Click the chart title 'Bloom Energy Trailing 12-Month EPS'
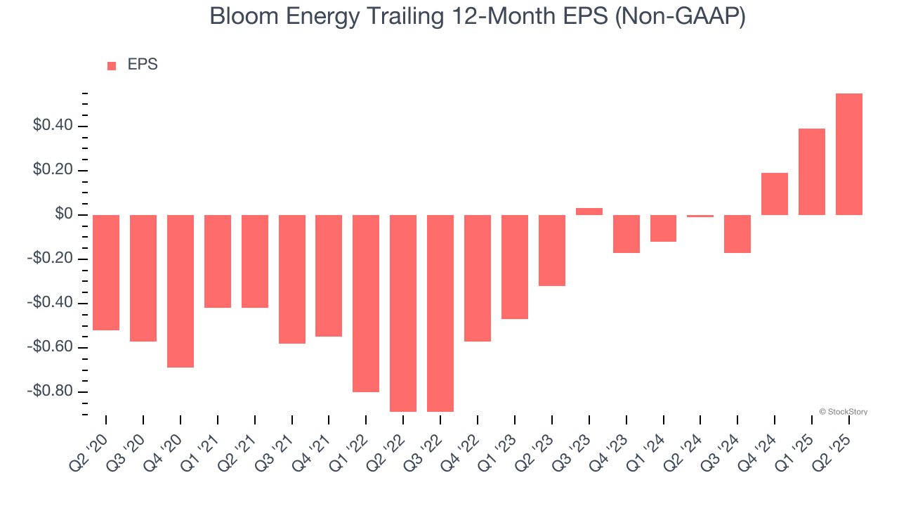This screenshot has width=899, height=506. click(x=478, y=16)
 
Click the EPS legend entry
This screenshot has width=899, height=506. click(x=133, y=65)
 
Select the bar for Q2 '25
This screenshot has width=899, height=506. click(x=848, y=154)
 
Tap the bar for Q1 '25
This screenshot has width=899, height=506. click(x=811, y=171)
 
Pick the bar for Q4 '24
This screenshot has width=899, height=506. click(x=774, y=194)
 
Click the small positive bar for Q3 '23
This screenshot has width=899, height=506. click(x=589, y=212)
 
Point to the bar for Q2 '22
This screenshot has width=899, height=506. click(x=403, y=313)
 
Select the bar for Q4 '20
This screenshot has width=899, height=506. click(x=181, y=291)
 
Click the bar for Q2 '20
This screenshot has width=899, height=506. click(x=106, y=273)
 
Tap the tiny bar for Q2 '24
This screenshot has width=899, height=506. click(x=700, y=216)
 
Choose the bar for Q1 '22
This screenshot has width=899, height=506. click(x=366, y=303)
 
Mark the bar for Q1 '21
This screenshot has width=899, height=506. click(x=218, y=261)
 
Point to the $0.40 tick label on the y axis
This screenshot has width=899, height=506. click(x=52, y=126)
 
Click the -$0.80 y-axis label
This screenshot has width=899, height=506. click(x=49, y=391)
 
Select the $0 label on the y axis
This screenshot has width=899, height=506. click(x=64, y=215)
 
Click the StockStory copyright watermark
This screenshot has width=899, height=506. click(x=843, y=412)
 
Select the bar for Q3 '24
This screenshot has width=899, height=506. click(x=737, y=234)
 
